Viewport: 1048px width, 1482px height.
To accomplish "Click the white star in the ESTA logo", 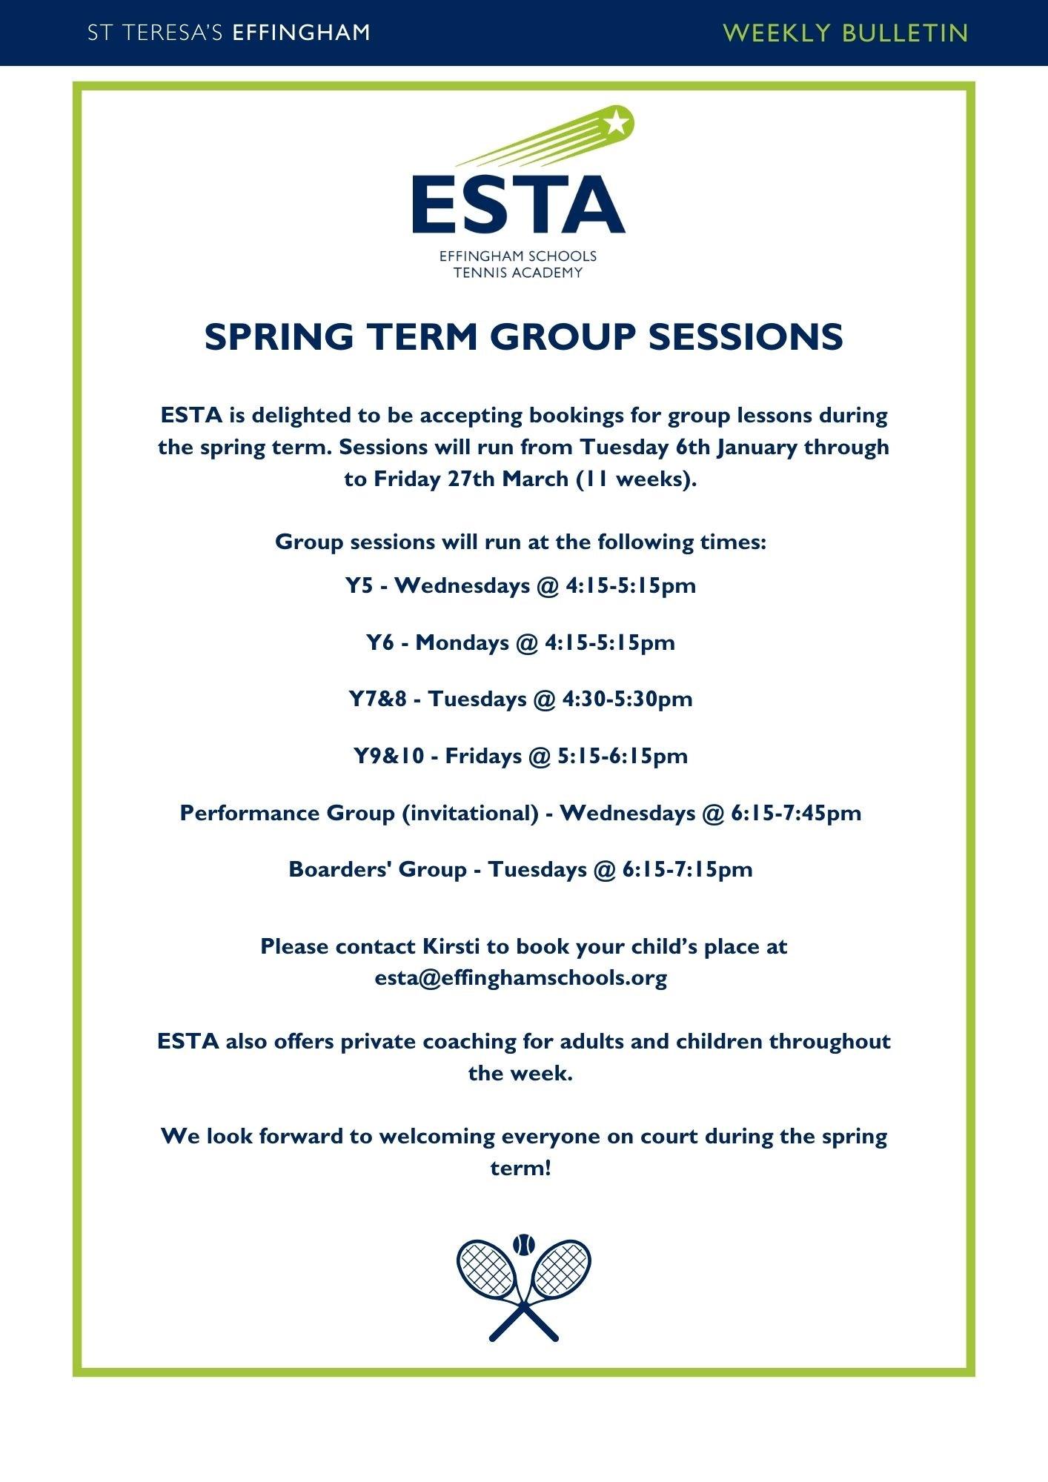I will (x=617, y=122).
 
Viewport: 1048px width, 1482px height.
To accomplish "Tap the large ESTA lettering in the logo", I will (x=519, y=205).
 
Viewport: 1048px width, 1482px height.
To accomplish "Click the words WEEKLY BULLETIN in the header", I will (x=846, y=33).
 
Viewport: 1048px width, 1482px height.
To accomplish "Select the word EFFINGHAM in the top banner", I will (x=301, y=33).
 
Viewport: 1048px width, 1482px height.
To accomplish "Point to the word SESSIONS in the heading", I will (x=746, y=337).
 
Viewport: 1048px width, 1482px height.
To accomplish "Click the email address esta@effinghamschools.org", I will (x=521, y=977).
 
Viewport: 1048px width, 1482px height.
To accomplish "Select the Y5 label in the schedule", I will (x=359, y=585).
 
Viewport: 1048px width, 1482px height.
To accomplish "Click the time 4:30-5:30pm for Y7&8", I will (x=627, y=699).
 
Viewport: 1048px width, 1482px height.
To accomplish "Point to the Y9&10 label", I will (x=388, y=756).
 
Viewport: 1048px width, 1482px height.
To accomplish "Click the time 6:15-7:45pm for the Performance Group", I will (x=796, y=813).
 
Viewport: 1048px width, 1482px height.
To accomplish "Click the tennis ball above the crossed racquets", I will (x=523, y=1243).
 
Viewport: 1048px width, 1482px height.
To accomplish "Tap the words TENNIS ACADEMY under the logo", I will (x=518, y=273).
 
